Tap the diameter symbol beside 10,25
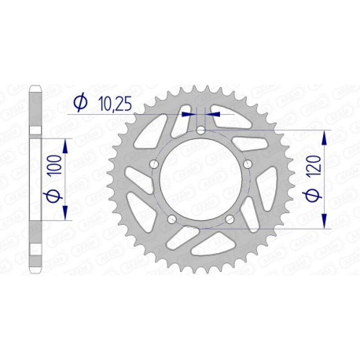(x=79, y=101)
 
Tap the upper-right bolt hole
(x=246, y=163)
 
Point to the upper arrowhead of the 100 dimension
(x=65, y=142)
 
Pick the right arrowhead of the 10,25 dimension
(x=213, y=113)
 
